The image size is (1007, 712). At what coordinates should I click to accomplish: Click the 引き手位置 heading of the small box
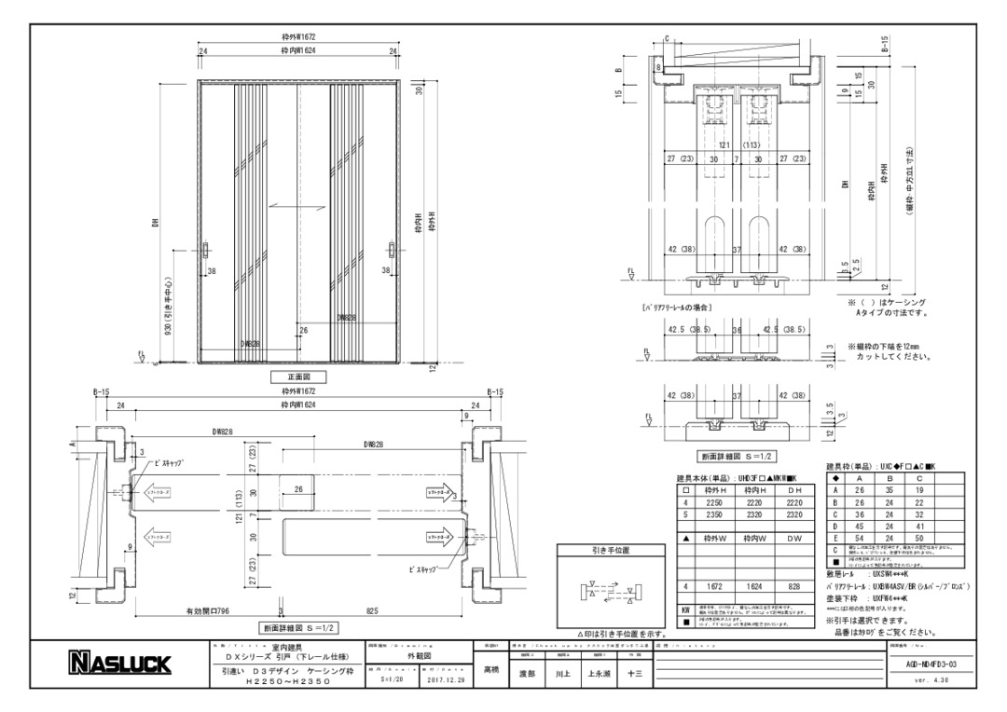[x=611, y=550]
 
